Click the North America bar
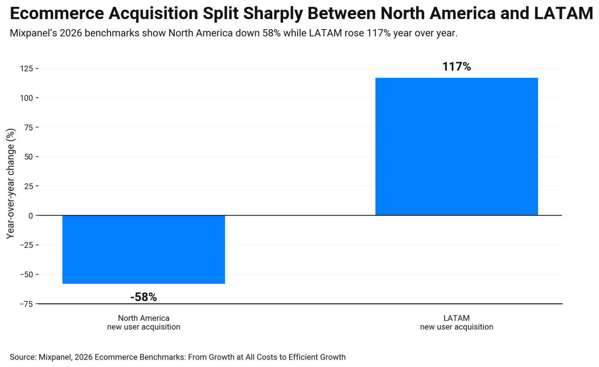[144, 249]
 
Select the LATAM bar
[456, 146]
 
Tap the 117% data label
[456, 67]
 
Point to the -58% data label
[144, 297]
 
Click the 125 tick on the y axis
[27, 69]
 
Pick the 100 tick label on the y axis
[27, 98]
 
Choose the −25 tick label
[27, 245]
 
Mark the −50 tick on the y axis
[27, 275]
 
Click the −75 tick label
[27, 304]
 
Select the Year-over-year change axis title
[11, 183]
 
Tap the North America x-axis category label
[144, 323]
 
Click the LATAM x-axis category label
[456, 323]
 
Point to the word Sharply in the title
[273, 14]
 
